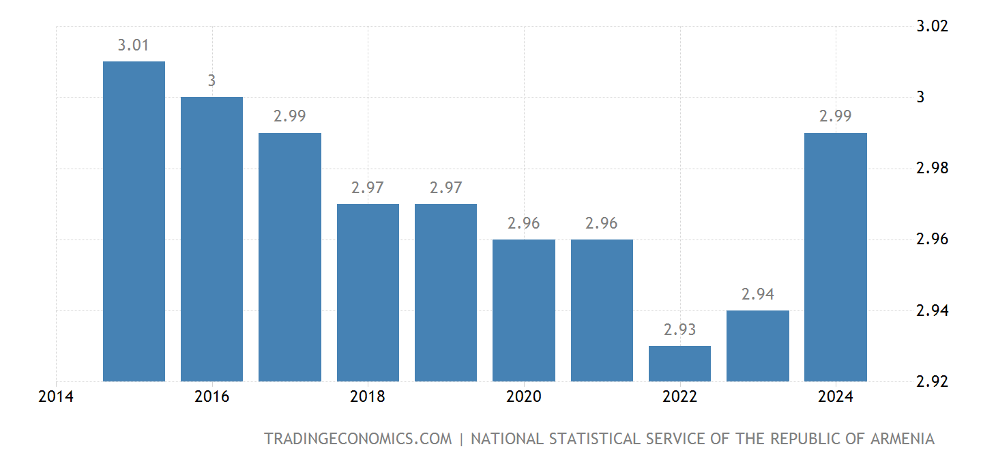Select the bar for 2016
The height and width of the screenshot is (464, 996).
click(211, 239)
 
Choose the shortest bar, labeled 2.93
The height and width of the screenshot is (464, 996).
click(679, 363)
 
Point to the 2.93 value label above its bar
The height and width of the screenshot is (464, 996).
click(679, 330)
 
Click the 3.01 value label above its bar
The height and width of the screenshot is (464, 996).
click(134, 46)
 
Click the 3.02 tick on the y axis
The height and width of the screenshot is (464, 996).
click(933, 26)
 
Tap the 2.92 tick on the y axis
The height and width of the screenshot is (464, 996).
click(933, 381)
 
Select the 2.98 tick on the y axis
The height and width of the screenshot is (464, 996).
click(933, 169)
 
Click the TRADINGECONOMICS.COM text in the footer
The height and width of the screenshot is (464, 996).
click(357, 439)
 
